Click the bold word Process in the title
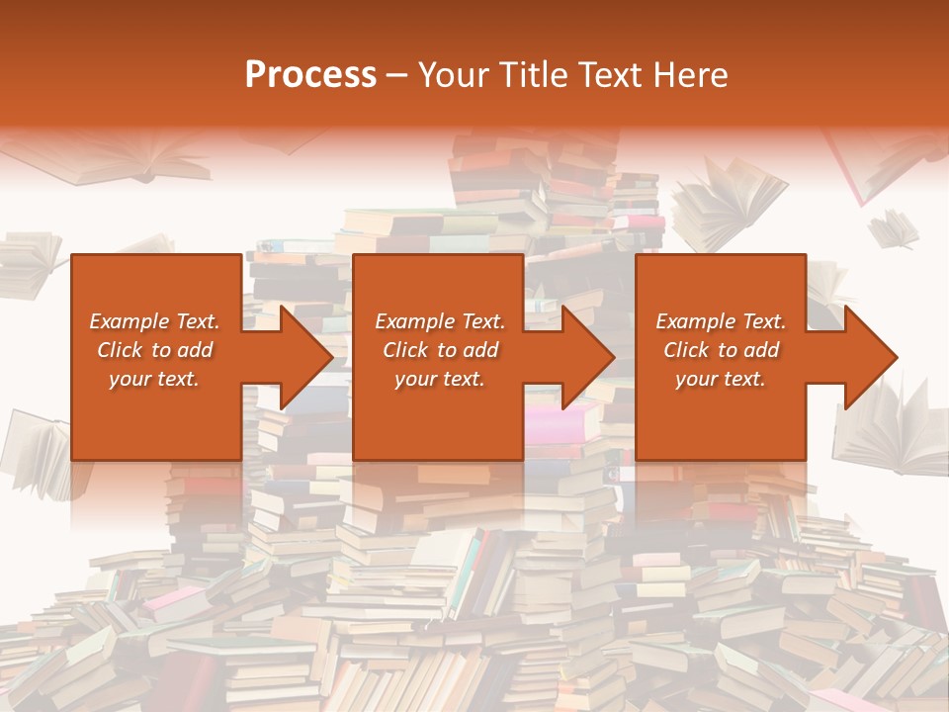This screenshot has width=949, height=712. [x=310, y=75]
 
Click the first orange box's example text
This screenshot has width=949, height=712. [x=154, y=350]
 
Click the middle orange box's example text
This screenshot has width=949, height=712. [x=440, y=350]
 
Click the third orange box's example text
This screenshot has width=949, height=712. [x=721, y=350]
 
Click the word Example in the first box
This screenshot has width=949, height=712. [x=120, y=321]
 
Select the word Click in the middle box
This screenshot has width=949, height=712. [x=403, y=350]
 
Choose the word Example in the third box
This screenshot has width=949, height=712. [x=686, y=321]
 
